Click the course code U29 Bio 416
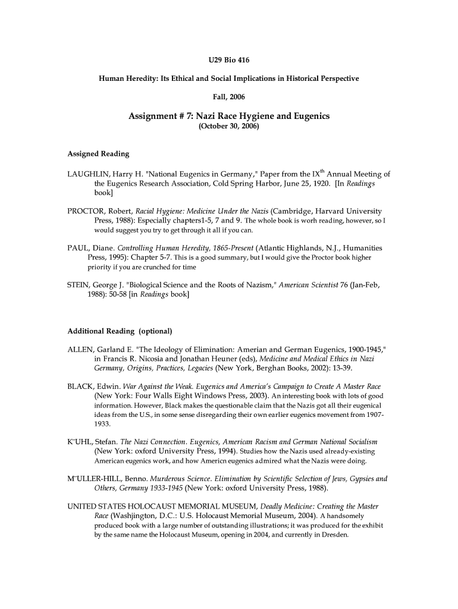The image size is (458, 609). (228, 61)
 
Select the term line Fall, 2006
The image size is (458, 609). (228, 96)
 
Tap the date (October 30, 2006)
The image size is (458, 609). (228, 127)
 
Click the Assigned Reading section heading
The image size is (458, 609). (98, 153)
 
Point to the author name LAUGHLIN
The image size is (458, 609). (89, 174)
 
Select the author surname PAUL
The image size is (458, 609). (78, 248)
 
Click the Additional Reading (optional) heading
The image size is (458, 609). (120, 331)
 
